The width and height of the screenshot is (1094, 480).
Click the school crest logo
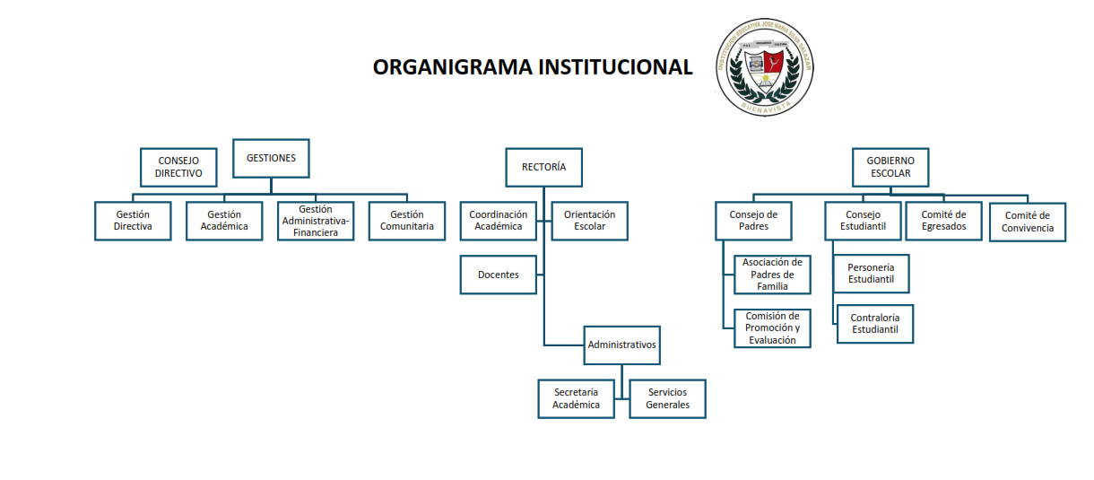[764, 68]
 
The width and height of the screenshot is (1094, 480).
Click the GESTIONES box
[271, 159]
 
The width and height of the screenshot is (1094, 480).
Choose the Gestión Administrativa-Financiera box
[317, 221]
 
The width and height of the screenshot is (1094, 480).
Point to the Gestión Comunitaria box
[406, 221]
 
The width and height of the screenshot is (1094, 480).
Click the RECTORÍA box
[543, 167]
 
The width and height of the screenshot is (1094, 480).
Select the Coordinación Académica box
[498, 221]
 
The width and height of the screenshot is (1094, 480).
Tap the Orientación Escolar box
[590, 221]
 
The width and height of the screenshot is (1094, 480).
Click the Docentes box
[499, 275]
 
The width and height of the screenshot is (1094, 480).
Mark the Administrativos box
[621, 345]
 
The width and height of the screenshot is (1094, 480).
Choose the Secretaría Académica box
[576, 398]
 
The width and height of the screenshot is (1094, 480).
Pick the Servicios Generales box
[667, 398]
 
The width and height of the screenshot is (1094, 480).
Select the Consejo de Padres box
[753, 221]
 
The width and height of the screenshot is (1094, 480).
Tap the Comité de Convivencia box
[1028, 222]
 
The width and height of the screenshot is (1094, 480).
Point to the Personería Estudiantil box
[871, 274]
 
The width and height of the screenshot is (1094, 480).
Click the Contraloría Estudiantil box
[874, 324]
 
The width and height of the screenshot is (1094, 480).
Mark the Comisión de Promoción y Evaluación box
[772, 328]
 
